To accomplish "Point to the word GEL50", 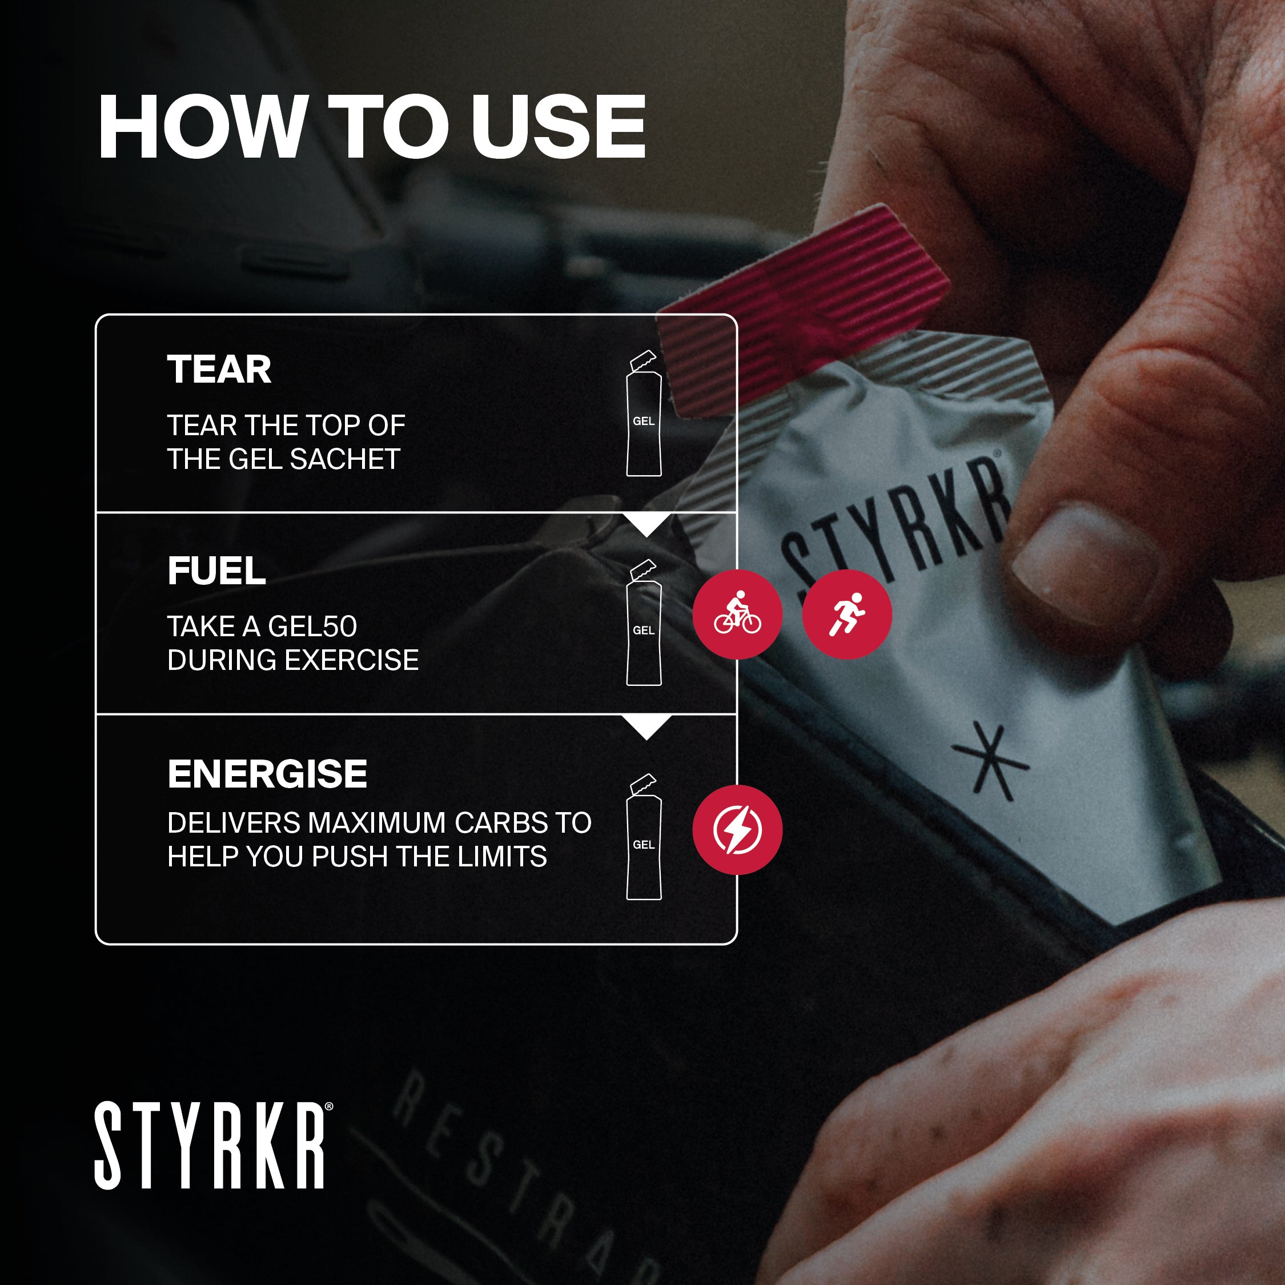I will [x=312, y=627].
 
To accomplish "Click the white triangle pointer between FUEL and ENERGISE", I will [x=648, y=725].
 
